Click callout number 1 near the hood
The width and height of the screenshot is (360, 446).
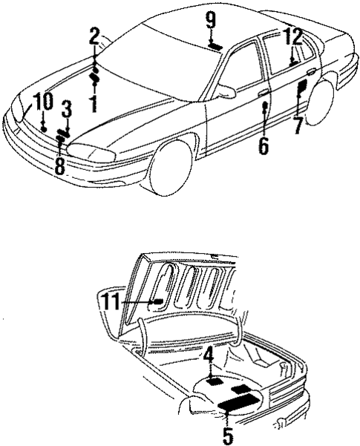tap(94, 103)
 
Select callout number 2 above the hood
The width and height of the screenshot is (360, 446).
tap(94, 35)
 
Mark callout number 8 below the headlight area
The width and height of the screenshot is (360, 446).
tap(59, 165)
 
